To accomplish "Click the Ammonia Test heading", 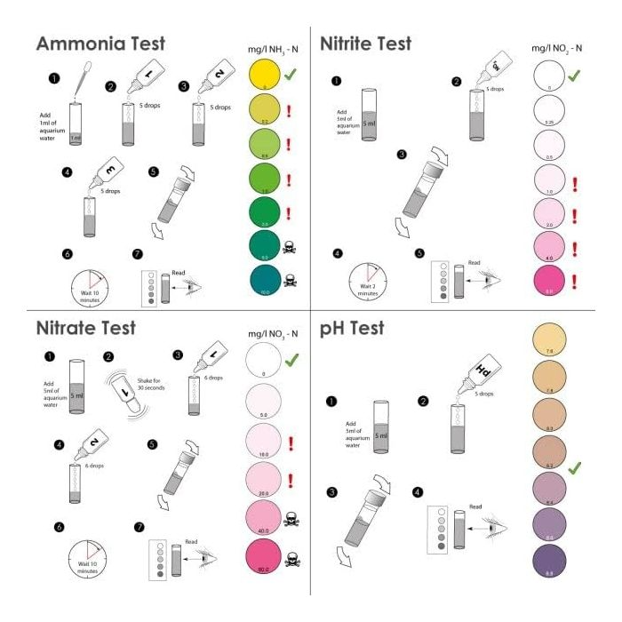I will click(x=100, y=44).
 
